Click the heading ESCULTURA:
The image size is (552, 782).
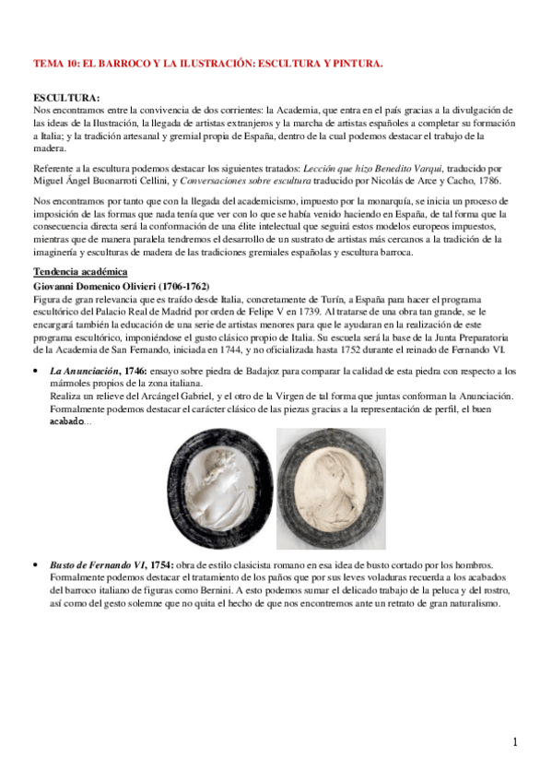tap(66, 97)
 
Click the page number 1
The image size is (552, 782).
tap(515, 742)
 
